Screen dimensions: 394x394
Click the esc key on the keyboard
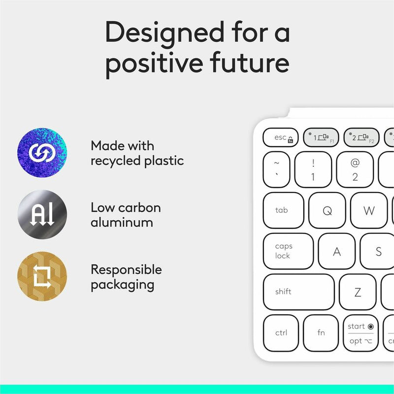tap(280, 137)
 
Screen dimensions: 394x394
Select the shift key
tap(298, 292)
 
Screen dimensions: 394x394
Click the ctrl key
tap(281, 333)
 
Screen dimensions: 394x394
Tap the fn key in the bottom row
tap(321, 333)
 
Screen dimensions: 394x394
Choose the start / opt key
tap(361, 333)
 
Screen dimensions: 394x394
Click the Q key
tap(327, 210)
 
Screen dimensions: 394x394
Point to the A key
tap(337, 251)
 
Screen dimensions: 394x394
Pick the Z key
tap(358, 292)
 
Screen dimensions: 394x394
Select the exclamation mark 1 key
tap(313, 169)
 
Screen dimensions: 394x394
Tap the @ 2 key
tap(355, 169)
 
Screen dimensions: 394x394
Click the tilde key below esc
tap(276, 169)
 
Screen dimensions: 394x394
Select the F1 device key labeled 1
tap(321, 137)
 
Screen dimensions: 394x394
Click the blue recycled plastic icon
tap(42, 153)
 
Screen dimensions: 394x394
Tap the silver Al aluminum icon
tap(42, 214)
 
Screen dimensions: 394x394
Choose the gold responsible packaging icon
tap(42, 276)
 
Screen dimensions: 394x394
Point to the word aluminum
tap(122, 222)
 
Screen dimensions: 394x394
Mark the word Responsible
tap(126, 269)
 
